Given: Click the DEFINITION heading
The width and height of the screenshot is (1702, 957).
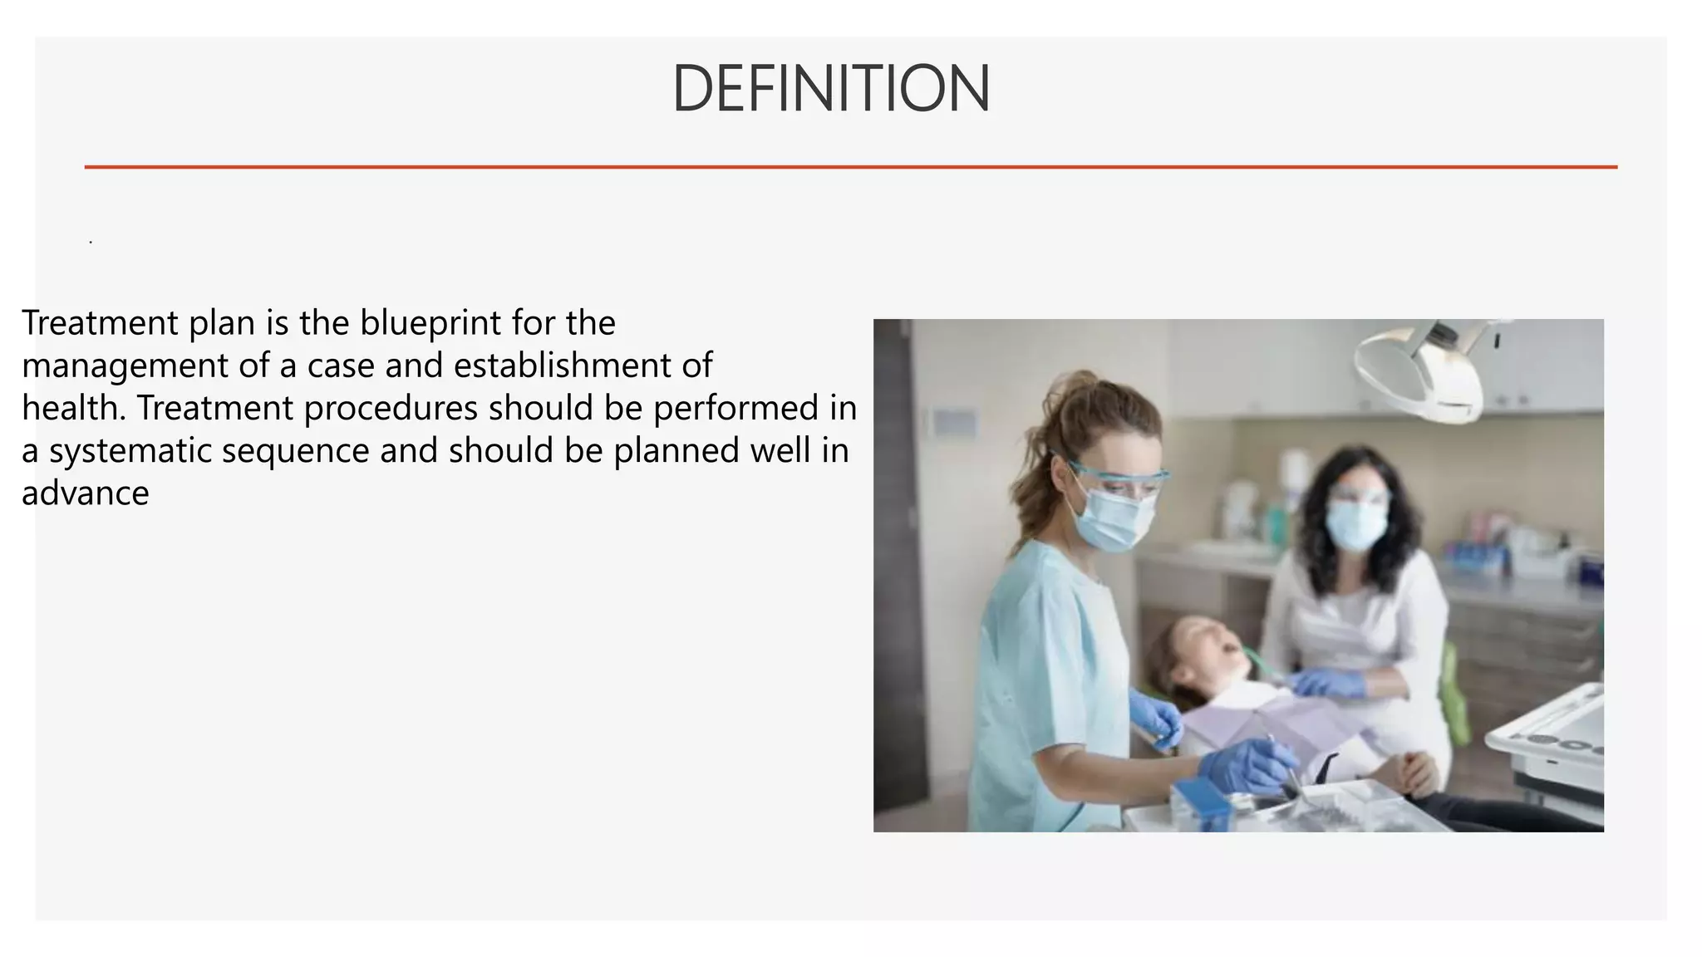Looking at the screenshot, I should pyautogui.click(x=830, y=89).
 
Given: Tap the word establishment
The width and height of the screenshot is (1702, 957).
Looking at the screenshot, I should pyautogui.click(x=573, y=366).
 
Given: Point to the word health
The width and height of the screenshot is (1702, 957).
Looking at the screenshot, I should pyautogui.click(x=73, y=408).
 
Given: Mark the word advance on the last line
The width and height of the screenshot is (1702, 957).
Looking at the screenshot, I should pyautogui.click(x=86, y=493).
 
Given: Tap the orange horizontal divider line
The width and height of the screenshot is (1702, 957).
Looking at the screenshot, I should pyautogui.click(x=850, y=167).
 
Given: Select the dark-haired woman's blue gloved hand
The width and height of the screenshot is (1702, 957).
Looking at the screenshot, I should pyautogui.click(x=1330, y=683).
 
